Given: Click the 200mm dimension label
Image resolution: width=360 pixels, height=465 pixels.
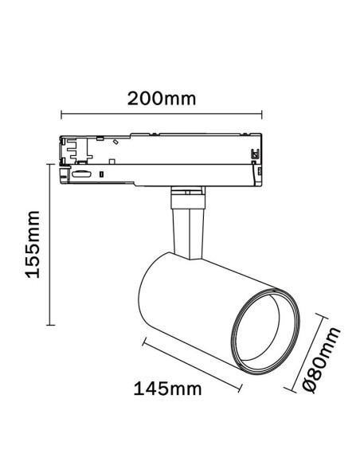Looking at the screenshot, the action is click(x=162, y=99).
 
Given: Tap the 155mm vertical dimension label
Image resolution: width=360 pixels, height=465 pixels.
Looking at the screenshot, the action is click(x=33, y=244).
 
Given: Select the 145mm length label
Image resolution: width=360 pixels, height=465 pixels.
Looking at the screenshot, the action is click(x=167, y=389).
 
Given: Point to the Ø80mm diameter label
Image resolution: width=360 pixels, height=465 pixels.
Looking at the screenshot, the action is click(x=322, y=360).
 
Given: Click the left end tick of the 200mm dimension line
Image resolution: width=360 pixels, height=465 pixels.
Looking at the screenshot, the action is click(x=61, y=115).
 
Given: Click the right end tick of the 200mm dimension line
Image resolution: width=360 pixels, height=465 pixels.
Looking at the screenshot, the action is click(x=262, y=115).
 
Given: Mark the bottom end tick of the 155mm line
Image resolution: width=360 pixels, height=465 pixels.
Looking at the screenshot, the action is click(x=51, y=325).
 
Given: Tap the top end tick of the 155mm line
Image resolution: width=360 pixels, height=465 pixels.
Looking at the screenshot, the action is click(x=51, y=164).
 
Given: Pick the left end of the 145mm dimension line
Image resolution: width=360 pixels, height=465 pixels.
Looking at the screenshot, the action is click(x=143, y=342).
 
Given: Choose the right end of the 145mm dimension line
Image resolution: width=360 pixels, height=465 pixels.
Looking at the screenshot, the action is click(x=241, y=389).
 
